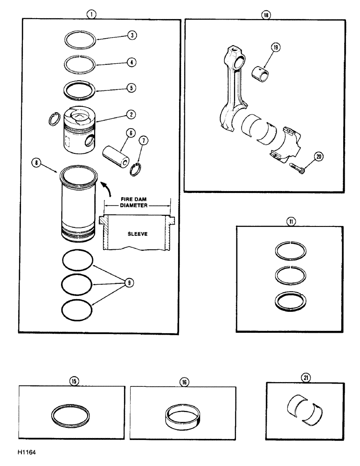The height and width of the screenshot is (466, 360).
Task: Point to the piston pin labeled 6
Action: point(114,151)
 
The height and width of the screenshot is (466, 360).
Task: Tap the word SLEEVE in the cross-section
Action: point(137,234)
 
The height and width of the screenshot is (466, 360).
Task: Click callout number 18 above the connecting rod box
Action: point(266,14)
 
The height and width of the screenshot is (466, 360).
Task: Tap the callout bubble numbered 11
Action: point(291,222)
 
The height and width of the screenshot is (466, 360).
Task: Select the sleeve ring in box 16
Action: point(182,413)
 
